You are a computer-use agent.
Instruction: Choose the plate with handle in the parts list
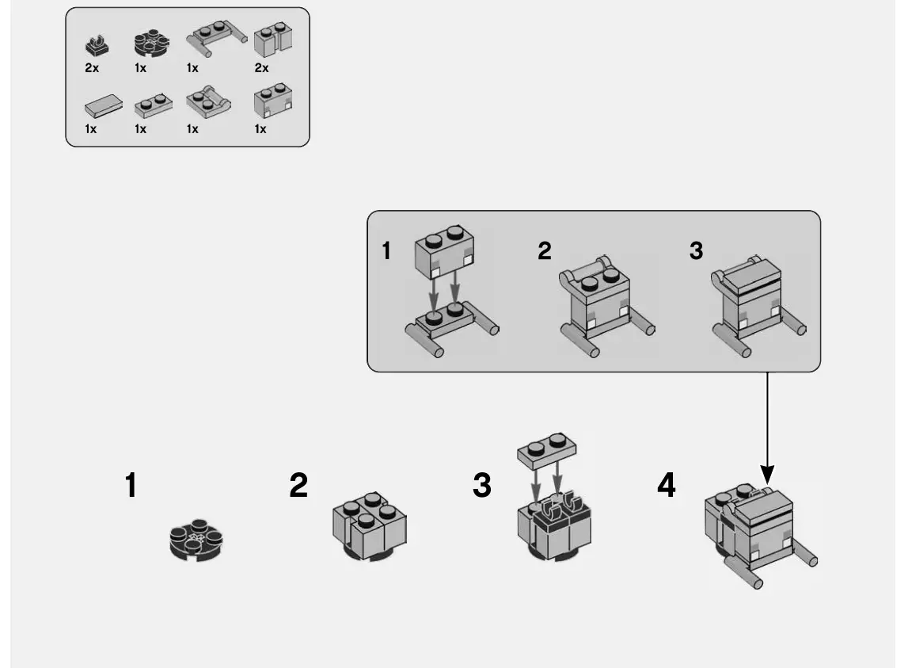click(x=207, y=103)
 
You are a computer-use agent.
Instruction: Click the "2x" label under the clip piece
click(x=92, y=69)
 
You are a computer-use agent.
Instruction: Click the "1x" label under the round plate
click(x=140, y=69)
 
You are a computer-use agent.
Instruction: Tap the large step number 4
click(x=667, y=486)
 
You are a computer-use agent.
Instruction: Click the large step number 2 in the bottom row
click(x=298, y=486)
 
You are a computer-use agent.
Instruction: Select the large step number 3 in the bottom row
click(x=481, y=486)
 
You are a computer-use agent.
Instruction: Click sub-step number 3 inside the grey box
click(x=696, y=251)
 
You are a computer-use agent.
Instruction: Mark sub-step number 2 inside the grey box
click(x=544, y=251)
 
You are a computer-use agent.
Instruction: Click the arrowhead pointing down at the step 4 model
click(x=766, y=476)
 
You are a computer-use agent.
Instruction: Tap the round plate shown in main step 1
click(x=196, y=541)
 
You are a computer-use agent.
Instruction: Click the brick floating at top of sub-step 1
click(x=445, y=248)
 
